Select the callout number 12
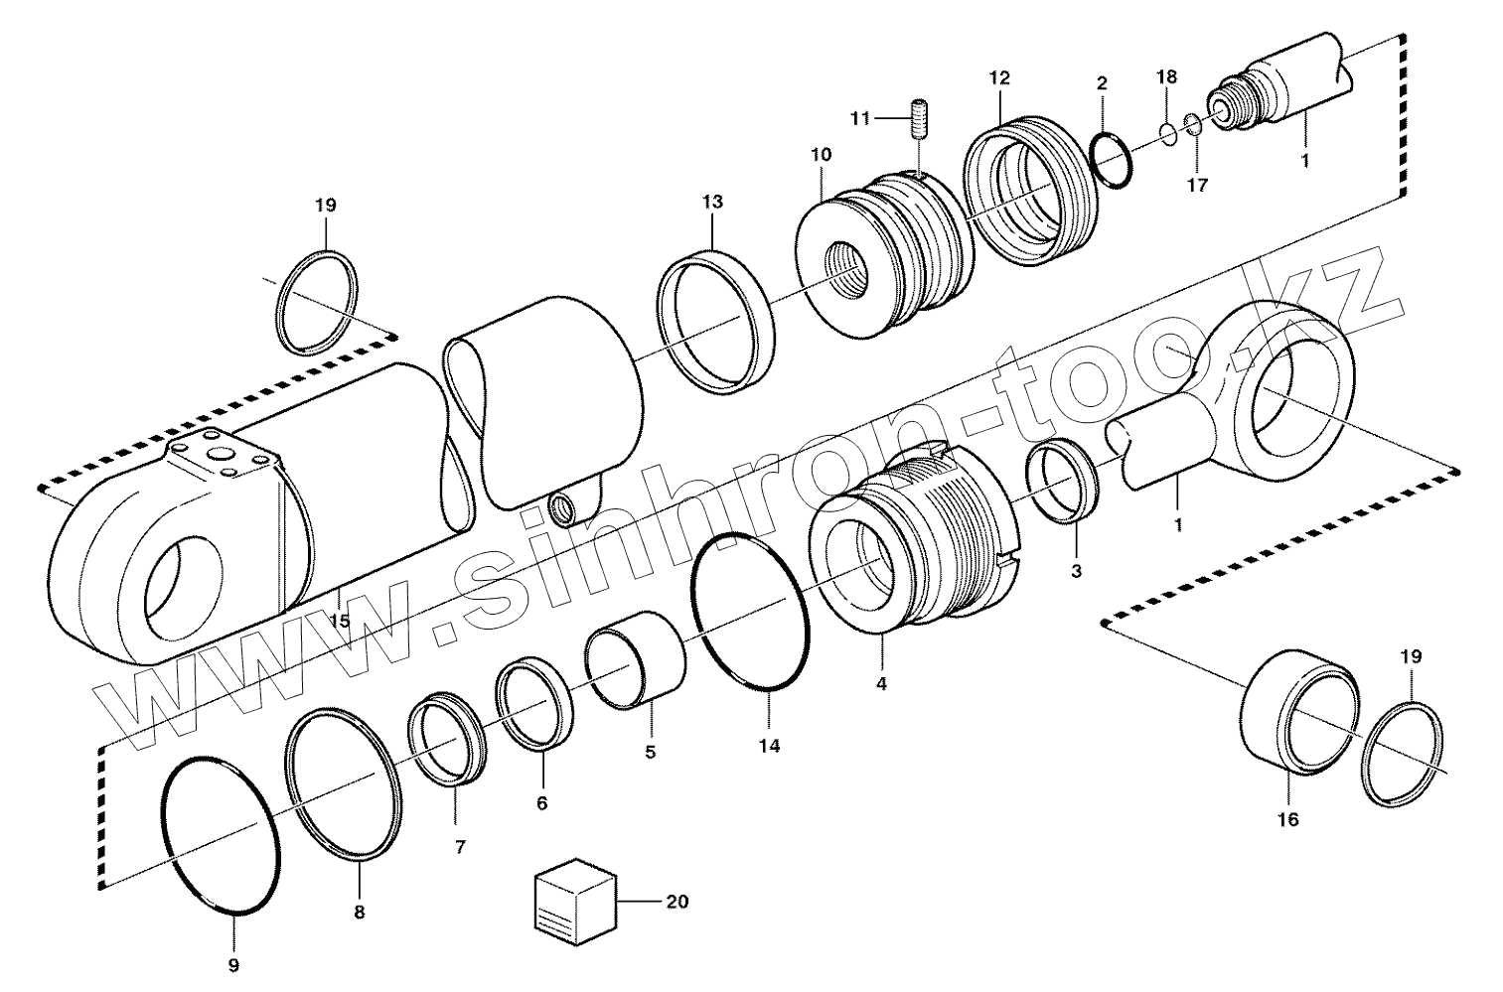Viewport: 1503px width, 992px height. (998, 77)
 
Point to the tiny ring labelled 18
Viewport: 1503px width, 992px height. (1169, 133)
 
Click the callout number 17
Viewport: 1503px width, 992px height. (1197, 186)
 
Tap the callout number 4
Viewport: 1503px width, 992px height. (881, 684)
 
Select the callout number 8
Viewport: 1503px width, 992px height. (359, 912)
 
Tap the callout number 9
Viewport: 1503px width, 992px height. (233, 964)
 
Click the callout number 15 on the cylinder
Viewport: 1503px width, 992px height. (339, 622)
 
